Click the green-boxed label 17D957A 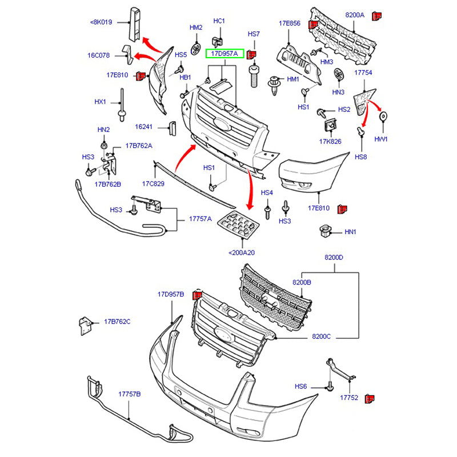pyautogui.click(x=225, y=54)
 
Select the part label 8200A pyautogui.click(x=354, y=15)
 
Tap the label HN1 pyautogui.click(x=350, y=232)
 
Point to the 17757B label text pyautogui.click(x=129, y=394)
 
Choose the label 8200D pyautogui.click(x=334, y=258)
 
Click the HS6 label pyautogui.click(x=301, y=387)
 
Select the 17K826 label pyautogui.click(x=330, y=142)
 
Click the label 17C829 pyautogui.click(x=153, y=183)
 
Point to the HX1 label pyautogui.click(x=100, y=102)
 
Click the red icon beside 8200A pyautogui.click(x=376, y=15)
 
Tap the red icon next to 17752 pyautogui.click(x=369, y=398)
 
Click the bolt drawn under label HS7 pyautogui.click(x=254, y=74)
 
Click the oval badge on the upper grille pyautogui.click(x=222, y=124)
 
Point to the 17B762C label pyautogui.click(x=117, y=322)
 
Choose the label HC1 pyautogui.click(x=219, y=21)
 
